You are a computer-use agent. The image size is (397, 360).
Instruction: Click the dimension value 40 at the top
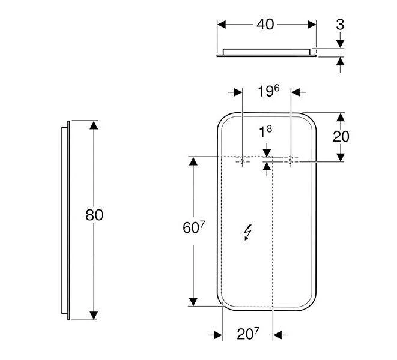[x=265, y=25]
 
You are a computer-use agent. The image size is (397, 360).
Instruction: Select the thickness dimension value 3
[x=340, y=25]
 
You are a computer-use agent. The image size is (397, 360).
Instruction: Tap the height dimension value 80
[x=94, y=215]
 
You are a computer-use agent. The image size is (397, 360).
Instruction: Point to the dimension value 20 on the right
[x=341, y=136]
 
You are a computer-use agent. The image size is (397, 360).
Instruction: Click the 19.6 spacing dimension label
[x=268, y=91]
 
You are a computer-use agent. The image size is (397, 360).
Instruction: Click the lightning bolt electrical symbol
[x=247, y=232]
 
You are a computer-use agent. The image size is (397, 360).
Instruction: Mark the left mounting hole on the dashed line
[x=241, y=160]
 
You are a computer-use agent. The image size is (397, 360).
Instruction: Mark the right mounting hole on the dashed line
[x=291, y=160]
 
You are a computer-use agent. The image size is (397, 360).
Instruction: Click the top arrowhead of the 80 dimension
[x=94, y=125]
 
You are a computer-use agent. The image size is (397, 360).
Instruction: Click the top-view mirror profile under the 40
[x=267, y=52]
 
